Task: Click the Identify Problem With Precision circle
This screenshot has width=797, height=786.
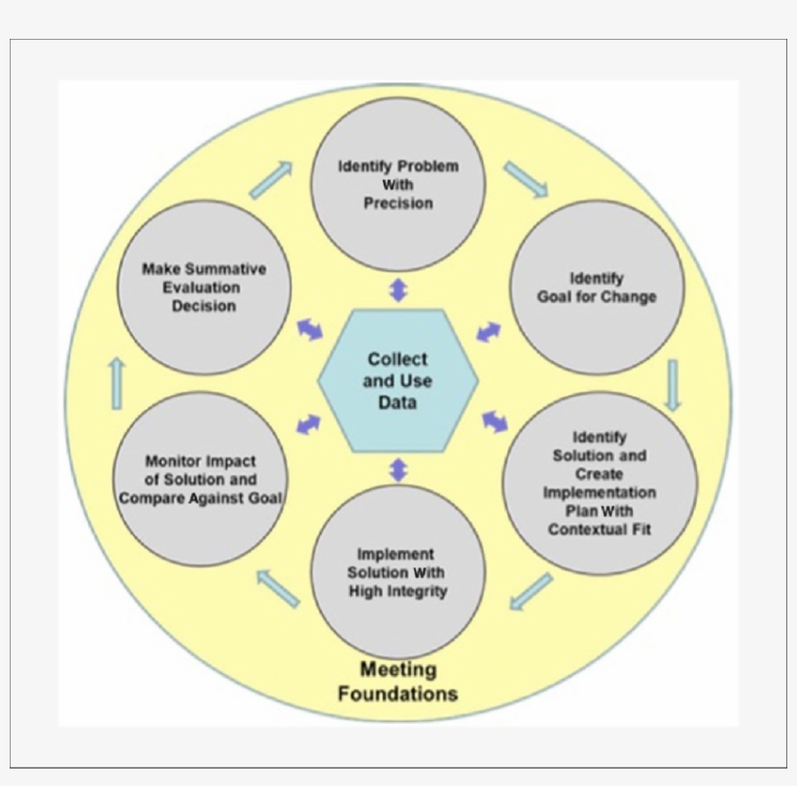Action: pyautogui.click(x=398, y=184)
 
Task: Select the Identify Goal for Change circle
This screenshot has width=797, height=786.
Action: pyautogui.click(x=597, y=288)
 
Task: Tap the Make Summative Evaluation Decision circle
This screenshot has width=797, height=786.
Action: pyautogui.click(x=204, y=288)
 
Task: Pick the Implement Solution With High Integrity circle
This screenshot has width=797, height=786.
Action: pyautogui.click(x=398, y=572)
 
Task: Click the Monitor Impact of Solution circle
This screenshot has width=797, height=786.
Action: pyautogui.click(x=200, y=479)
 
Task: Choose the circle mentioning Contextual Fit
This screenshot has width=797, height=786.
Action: pyautogui.click(x=599, y=482)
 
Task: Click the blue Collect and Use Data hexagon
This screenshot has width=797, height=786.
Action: pyautogui.click(x=398, y=380)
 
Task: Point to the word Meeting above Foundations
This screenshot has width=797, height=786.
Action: pyautogui.click(x=398, y=669)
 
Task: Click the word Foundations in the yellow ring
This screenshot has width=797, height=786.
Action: pyautogui.click(x=398, y=694)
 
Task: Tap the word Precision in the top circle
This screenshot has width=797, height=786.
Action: pyautogui.click(x=398, y=203)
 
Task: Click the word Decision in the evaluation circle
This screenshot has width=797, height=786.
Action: pyautogui.click(x=204, y=306)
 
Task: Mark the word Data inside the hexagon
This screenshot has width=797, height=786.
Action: pyautogui.click(x=398, y=401)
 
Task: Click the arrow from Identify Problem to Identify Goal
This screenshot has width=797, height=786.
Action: pyautogui.click(x=526, y=180)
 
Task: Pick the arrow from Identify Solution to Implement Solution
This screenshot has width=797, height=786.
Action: pyautogui.click(x=531, y=592)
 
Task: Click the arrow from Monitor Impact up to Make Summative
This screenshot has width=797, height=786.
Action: pyautogui.click(x=117, y=382)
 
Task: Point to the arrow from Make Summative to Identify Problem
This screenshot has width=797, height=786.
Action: pyautogui.click(x=271, y=180)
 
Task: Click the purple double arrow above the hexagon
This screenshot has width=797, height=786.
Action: pyautogui.click(x=398, y=290)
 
